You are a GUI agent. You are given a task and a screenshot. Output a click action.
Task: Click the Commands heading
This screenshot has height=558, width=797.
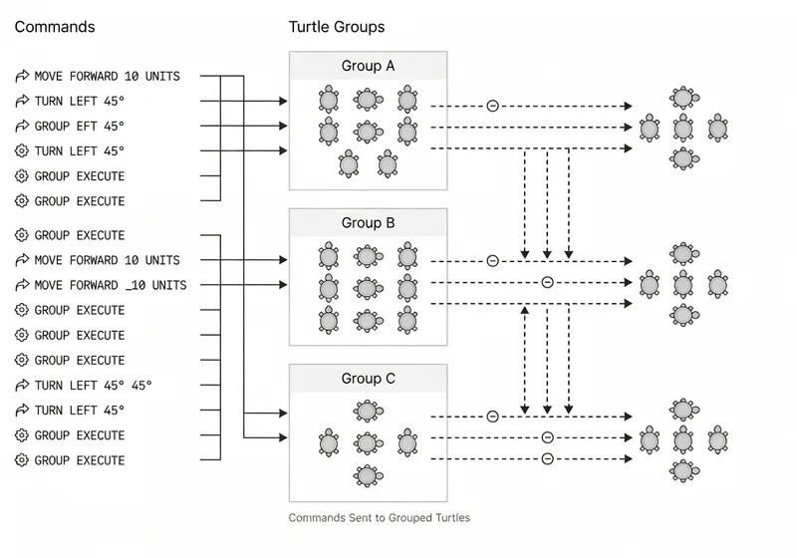(55, 27)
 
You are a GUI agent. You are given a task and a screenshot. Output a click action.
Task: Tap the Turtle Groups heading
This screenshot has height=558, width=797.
(337, 27)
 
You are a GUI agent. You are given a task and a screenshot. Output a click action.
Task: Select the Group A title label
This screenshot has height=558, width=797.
(368, 67)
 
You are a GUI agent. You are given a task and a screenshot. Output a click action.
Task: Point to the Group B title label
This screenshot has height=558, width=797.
(368, 223)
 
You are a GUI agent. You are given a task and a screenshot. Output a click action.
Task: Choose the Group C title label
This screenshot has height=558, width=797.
(368, 379)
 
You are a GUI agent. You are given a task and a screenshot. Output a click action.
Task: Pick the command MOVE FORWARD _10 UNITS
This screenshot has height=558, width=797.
(110, 285)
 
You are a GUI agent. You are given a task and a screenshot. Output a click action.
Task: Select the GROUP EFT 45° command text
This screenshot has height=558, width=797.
(80, 126)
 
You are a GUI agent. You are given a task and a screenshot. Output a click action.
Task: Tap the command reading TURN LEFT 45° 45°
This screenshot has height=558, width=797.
(94, 386)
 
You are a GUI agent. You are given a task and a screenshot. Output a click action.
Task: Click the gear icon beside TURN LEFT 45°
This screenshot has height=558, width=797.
(22, 151)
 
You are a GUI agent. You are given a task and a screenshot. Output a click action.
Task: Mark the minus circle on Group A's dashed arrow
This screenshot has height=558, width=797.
(492, 106)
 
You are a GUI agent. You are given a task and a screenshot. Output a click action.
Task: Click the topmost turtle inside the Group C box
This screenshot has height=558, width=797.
(368, 410)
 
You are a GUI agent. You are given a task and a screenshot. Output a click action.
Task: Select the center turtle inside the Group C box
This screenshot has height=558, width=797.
(368, 442)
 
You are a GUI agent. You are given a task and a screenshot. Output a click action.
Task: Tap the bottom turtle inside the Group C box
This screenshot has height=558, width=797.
(368, 475)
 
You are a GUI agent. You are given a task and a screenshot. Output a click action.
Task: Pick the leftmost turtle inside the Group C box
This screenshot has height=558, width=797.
(329, 442)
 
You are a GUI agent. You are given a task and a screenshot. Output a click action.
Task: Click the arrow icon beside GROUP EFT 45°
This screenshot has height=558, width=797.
(22, 127)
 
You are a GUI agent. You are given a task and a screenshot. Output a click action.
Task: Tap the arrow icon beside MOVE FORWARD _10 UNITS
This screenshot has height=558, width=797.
(22, 286)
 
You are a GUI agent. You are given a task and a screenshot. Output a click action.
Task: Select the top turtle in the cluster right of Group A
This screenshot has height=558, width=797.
(682, 98)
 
